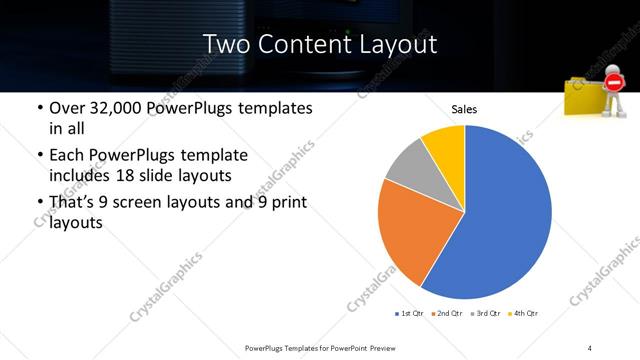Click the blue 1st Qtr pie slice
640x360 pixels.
505,220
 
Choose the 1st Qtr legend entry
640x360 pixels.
409,313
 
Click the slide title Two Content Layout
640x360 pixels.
319,44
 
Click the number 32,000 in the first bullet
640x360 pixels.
115,107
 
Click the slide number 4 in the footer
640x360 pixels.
590,347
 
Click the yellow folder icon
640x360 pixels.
584,100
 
